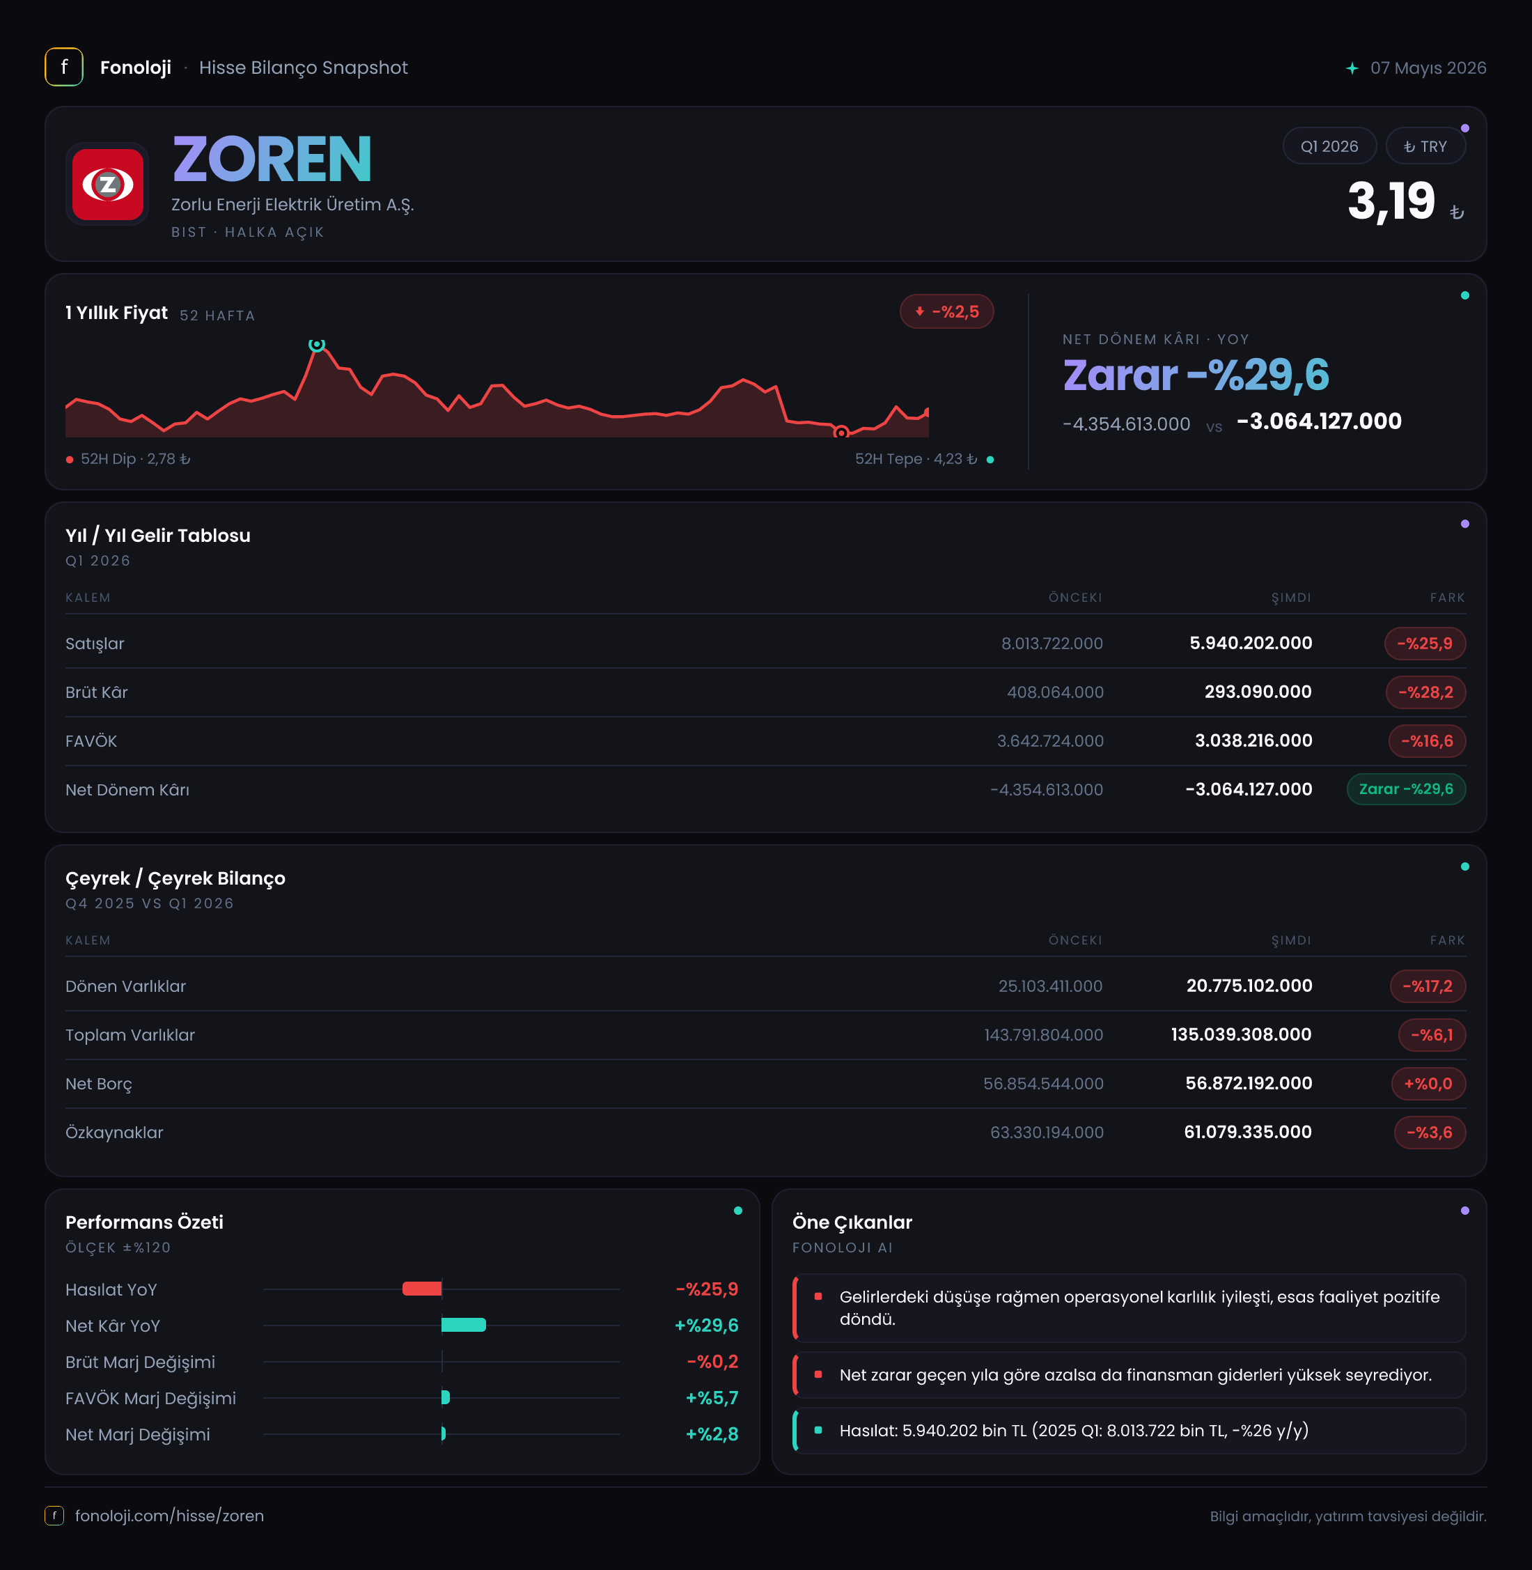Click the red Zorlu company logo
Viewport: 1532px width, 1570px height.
coord(108,185)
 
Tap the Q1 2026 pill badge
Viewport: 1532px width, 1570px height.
coord(1329,146)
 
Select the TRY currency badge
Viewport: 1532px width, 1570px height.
coord(1425,146)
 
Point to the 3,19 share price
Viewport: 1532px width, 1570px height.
coord(1391,201)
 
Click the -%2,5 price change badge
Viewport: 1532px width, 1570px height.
coord(947,312)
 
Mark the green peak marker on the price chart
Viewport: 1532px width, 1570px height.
coord(317,344)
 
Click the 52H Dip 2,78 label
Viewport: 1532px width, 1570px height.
coord(129,460)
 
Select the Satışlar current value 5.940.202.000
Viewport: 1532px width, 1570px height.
coord(1251,643)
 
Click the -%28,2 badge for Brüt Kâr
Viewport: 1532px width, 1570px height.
coord(1425,692)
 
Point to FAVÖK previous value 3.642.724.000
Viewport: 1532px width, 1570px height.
coord(1050,741)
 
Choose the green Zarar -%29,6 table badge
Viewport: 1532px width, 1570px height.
coord(1407,789)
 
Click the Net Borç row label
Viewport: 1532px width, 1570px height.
coord(99,1084)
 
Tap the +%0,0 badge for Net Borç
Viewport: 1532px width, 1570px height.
coord(1428,1084)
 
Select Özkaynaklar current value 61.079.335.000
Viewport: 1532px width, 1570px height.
coord(1248,1133)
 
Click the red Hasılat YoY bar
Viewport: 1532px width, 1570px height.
coord(421,1289)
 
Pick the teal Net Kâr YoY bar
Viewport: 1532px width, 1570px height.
coord(464,1326)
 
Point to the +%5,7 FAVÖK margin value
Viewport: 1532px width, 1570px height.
coord(712,1399)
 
